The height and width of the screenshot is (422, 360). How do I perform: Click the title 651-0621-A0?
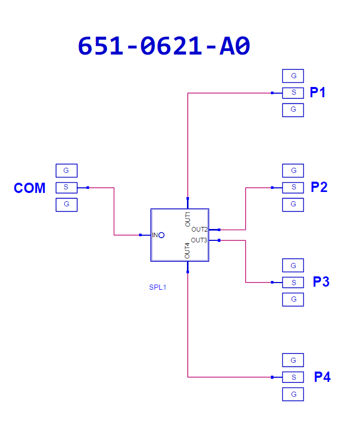pyautogui.click(x=164, y=46)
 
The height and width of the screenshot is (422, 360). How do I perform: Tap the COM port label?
pyautogui.click(x=30, y=188)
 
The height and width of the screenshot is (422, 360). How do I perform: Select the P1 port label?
pyautogui.click(x=318, y=92)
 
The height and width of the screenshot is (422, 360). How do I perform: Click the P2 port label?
pyautogui.click(x=319, y=187)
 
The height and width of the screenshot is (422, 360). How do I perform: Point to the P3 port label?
pyautogui.click(x=321, y=282)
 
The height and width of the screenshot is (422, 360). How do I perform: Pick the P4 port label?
pyautogui.click(x=322, y=377)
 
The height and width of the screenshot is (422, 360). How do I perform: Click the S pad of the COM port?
pyautogui.click(x=66, y=188)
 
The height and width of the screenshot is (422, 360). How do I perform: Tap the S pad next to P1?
pyautogui.click(x=293, y=93)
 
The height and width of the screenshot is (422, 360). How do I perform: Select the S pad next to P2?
pyautogui.click(x=293, y=188)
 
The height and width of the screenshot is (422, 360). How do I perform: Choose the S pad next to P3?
pyautogui.click(x=293, y=283)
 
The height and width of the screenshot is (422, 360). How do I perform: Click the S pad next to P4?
pyautogui.click(x=293, y=377)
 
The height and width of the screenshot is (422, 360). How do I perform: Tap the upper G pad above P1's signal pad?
pyautogui.click(x=293, y=76)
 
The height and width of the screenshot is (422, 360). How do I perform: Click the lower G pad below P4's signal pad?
pyautogui.click(x=293, y=394)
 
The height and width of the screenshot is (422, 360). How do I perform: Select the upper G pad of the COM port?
pyautogui.click(x=66, y=171)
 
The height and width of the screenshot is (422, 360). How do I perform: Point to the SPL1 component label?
pyautogui.click(x=158, y=288)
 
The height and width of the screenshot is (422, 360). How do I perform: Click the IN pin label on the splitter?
pyautogui.click(x=155, y=235)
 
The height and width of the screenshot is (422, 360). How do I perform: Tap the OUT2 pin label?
pyautogui.click(x=199, y=230)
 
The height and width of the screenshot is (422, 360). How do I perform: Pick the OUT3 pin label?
pyautogui.click(x=199, y=240)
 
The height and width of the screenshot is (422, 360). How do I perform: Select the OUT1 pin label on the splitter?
pyautogui.click(x=187, y=219)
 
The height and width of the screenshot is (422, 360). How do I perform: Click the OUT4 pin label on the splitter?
pyautogui.click(x=187, y=251)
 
